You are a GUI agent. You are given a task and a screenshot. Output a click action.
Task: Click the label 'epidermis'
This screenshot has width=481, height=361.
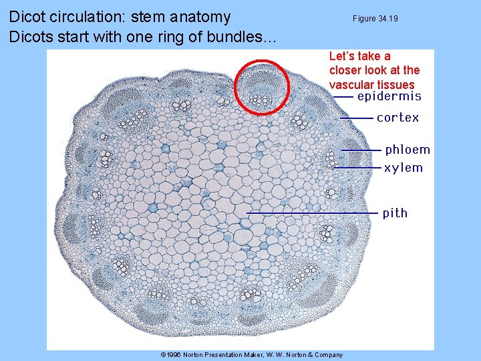(x=389, y=96)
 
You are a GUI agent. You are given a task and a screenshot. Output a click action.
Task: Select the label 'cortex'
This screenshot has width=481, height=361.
(x=398, y=118)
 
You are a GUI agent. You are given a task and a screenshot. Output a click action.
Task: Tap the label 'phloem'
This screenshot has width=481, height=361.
(x=408, y=150)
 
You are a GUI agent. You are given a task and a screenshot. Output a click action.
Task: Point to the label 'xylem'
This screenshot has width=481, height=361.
(x=404, y=168)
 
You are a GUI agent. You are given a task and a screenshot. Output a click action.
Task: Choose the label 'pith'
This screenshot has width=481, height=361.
(x=395, y=213)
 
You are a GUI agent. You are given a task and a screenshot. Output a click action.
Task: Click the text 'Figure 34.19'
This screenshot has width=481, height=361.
(x=375, y=19)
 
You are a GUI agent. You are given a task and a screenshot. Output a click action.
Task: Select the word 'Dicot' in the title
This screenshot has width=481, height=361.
(x=29, y=17)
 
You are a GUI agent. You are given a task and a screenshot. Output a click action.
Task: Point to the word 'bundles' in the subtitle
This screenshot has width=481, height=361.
(x=240, y=37)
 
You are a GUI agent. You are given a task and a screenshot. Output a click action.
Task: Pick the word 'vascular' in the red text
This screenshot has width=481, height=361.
(x=352, y=84)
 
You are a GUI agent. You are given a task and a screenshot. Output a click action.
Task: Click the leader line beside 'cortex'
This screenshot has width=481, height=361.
(x=357, y=118)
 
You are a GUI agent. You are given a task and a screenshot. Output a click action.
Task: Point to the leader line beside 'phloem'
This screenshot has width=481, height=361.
(x=361, y=150)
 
